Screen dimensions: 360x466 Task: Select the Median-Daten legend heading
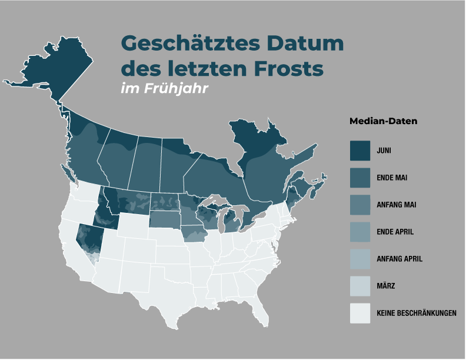pos(383,122)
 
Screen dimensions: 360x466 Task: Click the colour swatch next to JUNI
pos(360,151)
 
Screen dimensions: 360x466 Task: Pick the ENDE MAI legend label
pos(392,177)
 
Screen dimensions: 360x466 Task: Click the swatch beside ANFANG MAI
pos(360,205)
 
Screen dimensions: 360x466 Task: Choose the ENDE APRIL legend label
pos(395,232)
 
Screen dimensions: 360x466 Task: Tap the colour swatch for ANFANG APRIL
pos(360,259)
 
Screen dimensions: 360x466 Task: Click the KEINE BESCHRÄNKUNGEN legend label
pos(417,314)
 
